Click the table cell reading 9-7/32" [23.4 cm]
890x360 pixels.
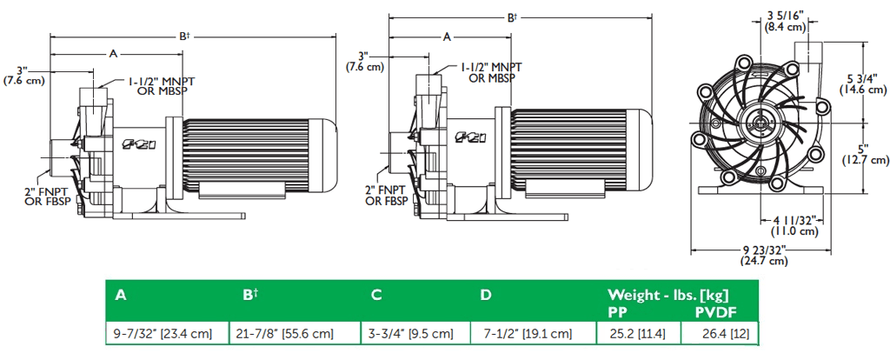[x=163, y=334]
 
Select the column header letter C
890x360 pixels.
[x=376, y=295]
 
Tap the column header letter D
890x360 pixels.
[x=485, y=295]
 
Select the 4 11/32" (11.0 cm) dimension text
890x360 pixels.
[x=794, y=225]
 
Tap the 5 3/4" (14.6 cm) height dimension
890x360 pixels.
[x=861, y=83]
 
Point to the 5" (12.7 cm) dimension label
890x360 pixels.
[x=864, y=154]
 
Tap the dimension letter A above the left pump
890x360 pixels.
[x=113, y=54]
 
